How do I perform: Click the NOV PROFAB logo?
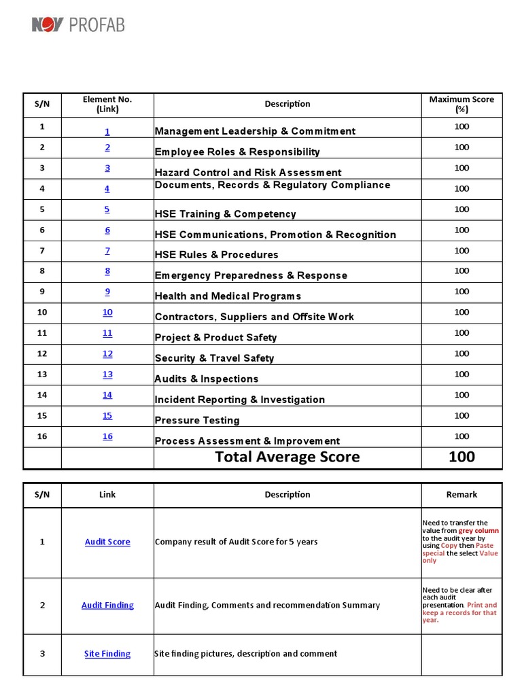point(78,25)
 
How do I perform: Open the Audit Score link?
point(107,542)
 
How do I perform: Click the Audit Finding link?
point(107,605)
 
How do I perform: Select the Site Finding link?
point(107,653)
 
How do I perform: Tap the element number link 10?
point(107,312)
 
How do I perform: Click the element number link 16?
point(107,436)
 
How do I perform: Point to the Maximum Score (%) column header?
point(462,104)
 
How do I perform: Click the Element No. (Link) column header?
point(107,104)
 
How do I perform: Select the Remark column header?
point(462,494)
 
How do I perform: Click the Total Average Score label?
point(288,457)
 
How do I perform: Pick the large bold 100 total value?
point(462,457)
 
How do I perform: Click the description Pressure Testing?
point(197,420)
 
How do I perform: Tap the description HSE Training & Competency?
point(225,214)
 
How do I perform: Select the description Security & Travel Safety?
point(214,358)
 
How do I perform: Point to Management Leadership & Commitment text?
point(255,131)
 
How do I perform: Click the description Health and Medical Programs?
point(228,296)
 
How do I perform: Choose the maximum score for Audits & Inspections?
point(462,374)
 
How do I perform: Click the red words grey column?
point(478,530)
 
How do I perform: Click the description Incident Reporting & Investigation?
point(239,400)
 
